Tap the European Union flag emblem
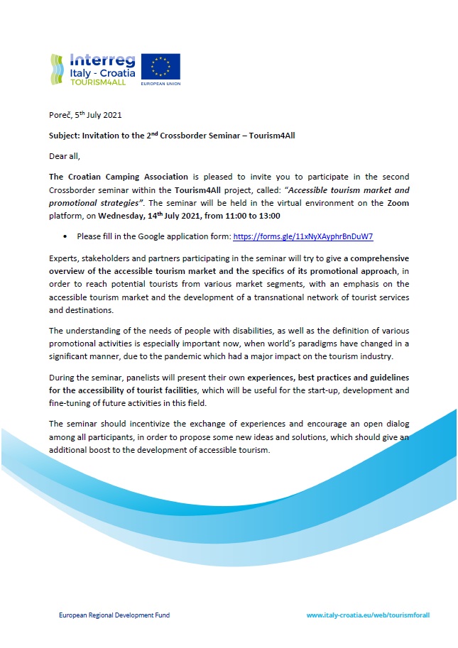(x=160, y=67)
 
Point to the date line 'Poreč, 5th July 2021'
(x=80, y=115)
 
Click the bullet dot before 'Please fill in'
(x=65, y=236)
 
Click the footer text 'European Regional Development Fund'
(x=114, y=615)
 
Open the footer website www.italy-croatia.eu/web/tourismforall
(x=368, y=615)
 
